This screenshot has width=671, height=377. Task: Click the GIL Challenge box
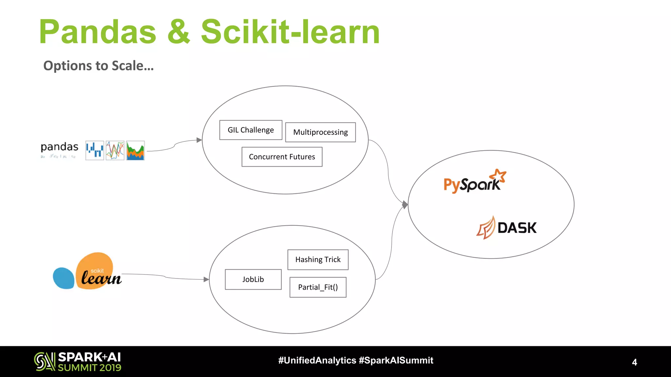pos(251,130)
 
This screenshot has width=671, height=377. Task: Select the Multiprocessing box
pos(320,132)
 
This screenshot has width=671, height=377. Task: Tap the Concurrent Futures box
pos(282,157)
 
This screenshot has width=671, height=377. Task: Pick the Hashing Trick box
pos(318,260)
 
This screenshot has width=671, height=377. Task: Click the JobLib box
pos(253,279)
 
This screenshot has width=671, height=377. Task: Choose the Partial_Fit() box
pos(318,287)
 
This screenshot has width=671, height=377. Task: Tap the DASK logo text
pos(517,228)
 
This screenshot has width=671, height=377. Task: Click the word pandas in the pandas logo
pos(59,147)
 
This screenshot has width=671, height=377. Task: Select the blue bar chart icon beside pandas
pos(95,151)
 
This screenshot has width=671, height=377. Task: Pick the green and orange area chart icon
pos(135,151)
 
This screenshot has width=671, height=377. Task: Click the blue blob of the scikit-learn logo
pos(64,278)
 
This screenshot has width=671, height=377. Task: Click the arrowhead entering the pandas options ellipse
pos(199,140)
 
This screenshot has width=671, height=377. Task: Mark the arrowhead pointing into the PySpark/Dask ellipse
pos(405,205)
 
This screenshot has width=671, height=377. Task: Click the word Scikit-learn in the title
pos(290,32)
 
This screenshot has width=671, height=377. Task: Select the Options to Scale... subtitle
pos(98,66)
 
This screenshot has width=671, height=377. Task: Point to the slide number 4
pos(634,362)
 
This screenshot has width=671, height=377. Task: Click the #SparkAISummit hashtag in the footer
pos(396,360)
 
